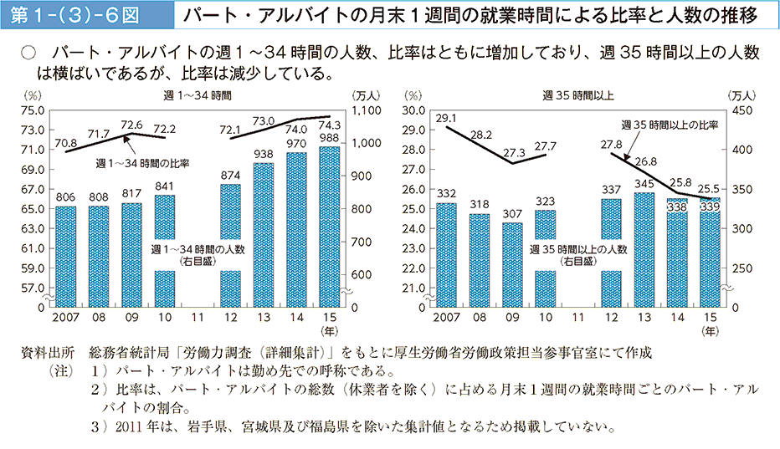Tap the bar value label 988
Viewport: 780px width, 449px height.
(x=330, y=138)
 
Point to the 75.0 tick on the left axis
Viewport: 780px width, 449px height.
(x=33, y=110)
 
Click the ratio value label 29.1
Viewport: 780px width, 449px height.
(x=447, y=118)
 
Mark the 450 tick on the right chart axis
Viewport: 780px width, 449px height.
(x=742, y=110)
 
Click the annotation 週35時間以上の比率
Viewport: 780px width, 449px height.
(x=670, y=124)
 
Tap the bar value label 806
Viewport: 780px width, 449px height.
(x=65, y=197)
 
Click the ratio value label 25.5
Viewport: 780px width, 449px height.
(x=711, y=187)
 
